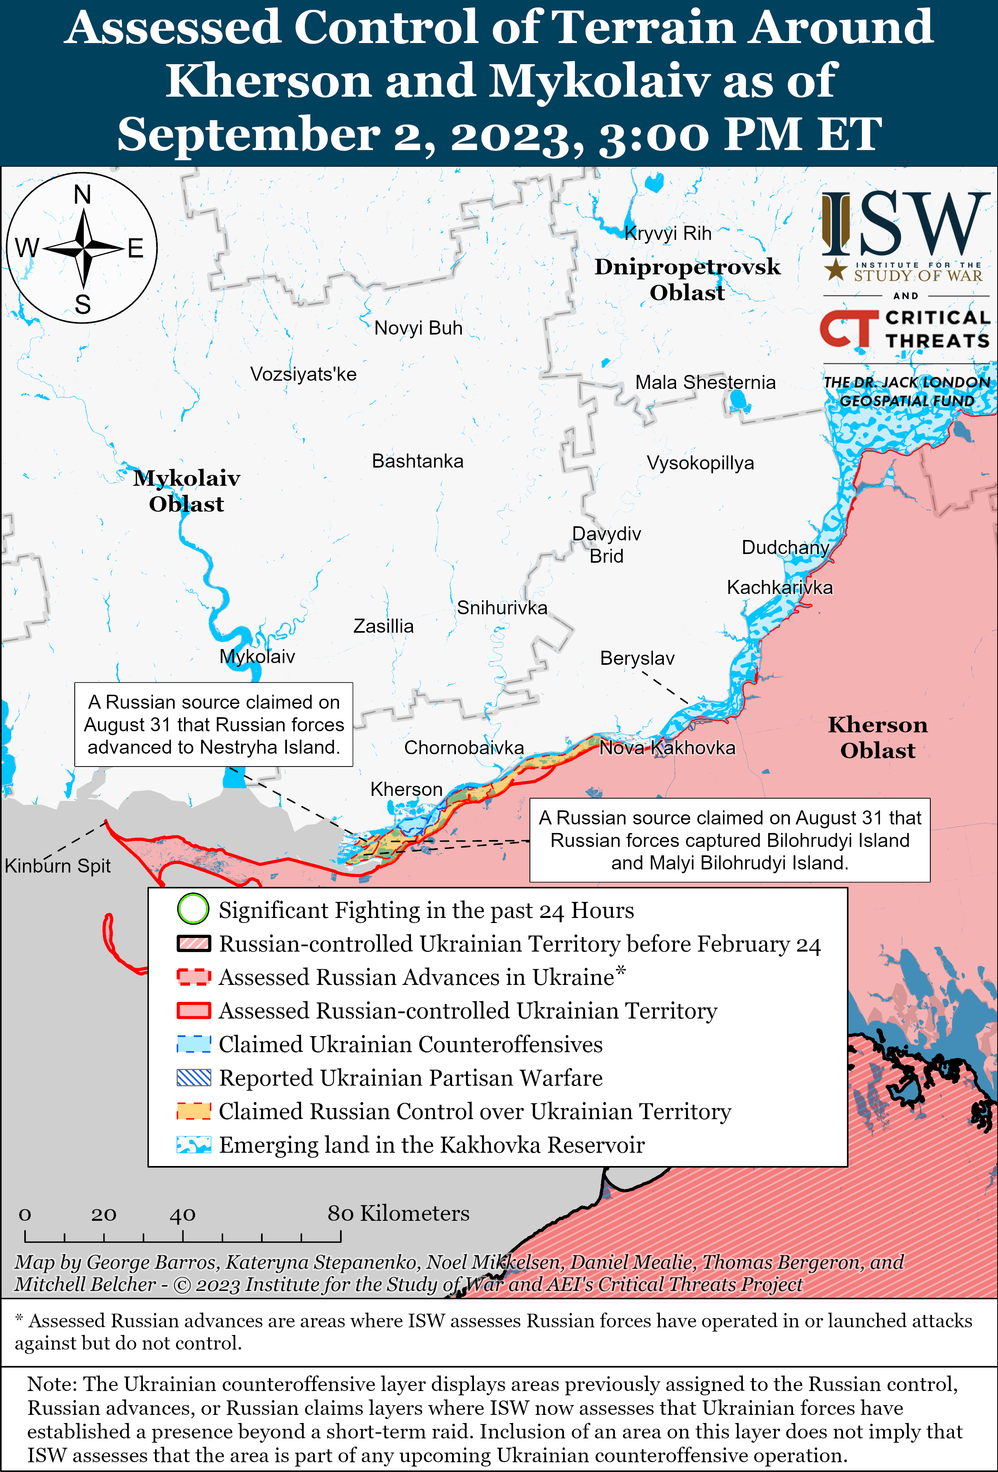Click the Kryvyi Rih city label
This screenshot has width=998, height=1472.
668,234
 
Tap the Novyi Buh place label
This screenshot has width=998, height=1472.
418,328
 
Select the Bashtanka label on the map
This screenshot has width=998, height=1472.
418,461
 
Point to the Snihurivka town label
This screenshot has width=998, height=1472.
502,608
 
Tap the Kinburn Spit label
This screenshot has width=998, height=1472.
58,866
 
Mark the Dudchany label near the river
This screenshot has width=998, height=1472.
785,547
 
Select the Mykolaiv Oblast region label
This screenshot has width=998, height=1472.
186,491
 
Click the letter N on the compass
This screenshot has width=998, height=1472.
82,195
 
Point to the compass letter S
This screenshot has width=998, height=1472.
82,305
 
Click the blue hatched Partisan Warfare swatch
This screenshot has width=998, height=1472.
193,1078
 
